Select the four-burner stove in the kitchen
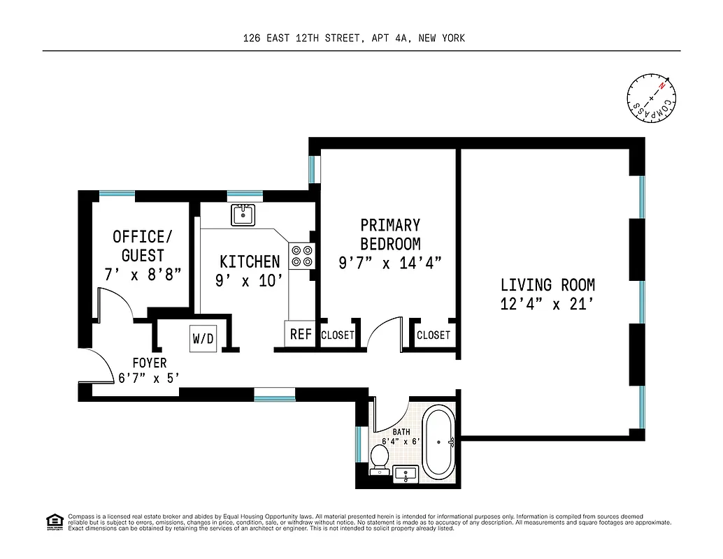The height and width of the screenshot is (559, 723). point(301,255)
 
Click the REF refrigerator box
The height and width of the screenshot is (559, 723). point(301,335)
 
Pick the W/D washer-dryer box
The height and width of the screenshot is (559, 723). point(203,339)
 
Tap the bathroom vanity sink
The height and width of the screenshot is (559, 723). point(406,474)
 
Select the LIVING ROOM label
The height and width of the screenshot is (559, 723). point(547,285)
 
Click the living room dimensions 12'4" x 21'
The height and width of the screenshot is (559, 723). point(547,304)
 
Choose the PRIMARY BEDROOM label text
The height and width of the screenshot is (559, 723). point(390,234)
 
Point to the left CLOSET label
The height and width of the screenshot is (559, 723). point(338,335)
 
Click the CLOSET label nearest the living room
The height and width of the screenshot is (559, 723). point(434,335)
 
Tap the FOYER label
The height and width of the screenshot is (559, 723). point(150,363)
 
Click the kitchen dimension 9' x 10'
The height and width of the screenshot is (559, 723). point(250,280)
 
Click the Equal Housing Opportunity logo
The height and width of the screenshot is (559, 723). point(54,521)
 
